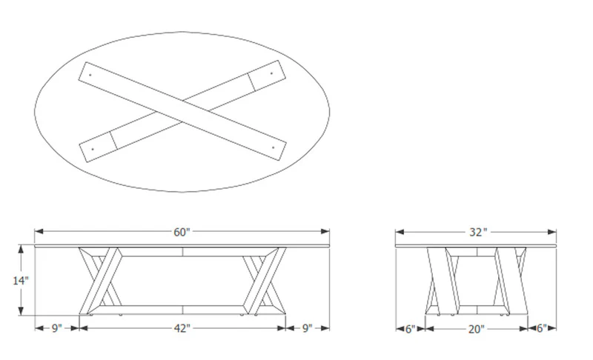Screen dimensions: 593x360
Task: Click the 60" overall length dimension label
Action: [182, 232]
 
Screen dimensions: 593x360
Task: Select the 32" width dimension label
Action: [476, 232]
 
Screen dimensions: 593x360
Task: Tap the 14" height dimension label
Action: [21, 281]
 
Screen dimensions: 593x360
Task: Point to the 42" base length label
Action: [182, 328]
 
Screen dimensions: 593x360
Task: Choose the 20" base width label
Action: [476, 329]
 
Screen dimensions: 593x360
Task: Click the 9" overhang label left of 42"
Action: [56, 328]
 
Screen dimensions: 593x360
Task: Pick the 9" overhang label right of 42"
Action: [308, 328]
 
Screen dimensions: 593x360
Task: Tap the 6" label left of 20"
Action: [411, 329]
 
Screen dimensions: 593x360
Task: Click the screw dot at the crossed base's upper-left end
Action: [90, 75]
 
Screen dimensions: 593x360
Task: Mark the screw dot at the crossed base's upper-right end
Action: [271, 73]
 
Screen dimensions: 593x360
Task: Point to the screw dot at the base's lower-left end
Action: [93, 149]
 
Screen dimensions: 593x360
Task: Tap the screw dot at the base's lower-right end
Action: [273, 147]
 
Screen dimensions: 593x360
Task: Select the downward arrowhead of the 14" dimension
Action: [21, 310]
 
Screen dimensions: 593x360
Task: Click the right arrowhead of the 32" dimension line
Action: [551, 232]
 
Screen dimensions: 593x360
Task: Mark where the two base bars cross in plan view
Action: [182, 112]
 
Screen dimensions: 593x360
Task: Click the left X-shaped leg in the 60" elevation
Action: [100, 281]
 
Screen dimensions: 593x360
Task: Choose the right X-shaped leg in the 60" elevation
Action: [265, 281]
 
